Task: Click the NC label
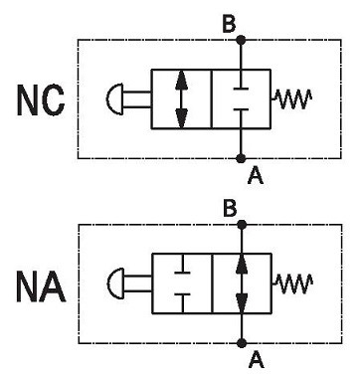(x=41, y=100)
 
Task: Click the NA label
(x=41, y=287)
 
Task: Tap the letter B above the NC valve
(x=229, y=24)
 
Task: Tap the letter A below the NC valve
(x=256, y=175)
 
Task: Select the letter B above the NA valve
(x=230, y=209)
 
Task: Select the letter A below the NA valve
(x=257, y=360)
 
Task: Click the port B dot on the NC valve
(x=242, y=40)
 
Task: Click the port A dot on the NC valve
(x=242, y=158)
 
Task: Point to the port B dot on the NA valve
(x=243, y=225)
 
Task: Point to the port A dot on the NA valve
(x=243, y=343)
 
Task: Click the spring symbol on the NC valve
(x=291, y=98)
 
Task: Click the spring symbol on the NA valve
(x=293, y=284)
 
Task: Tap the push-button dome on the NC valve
(x=114, y=98)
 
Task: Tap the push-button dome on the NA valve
(x=115, y=284)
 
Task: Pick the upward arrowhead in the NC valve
(x=181, y=81)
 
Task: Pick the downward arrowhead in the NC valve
(x=181, y=118)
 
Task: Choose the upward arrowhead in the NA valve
(x=242, y=264)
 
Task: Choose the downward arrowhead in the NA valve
(x=242, y=303)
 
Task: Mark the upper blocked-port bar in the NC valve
(x=242, y=89)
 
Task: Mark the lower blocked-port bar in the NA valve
(x=182, y=294)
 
